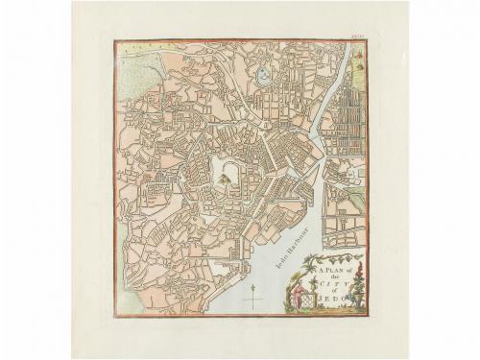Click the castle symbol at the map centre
tap(224, 176)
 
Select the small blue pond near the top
tap(261, 73)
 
